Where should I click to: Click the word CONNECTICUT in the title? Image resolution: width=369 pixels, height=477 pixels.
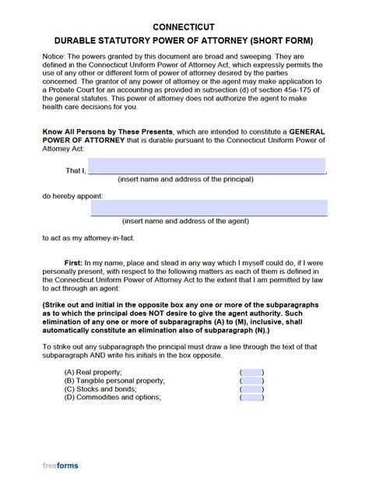[184, 12]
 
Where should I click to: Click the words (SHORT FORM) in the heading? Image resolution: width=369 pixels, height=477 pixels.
[284, 27]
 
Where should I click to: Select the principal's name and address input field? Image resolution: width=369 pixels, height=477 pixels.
[207, 167]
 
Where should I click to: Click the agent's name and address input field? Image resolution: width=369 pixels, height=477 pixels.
[209, 208]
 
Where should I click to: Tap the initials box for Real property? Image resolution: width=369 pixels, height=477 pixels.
[252, 372]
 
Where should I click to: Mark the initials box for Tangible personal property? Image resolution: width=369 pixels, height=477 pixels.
[252, 381]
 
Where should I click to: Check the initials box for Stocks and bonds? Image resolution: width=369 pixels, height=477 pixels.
[252, 389]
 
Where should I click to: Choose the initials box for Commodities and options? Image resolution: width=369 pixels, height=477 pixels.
[252, 398]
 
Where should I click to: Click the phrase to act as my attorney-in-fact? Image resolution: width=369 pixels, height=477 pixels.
[86, 237]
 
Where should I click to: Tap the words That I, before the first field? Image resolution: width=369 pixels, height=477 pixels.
[76, 170]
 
